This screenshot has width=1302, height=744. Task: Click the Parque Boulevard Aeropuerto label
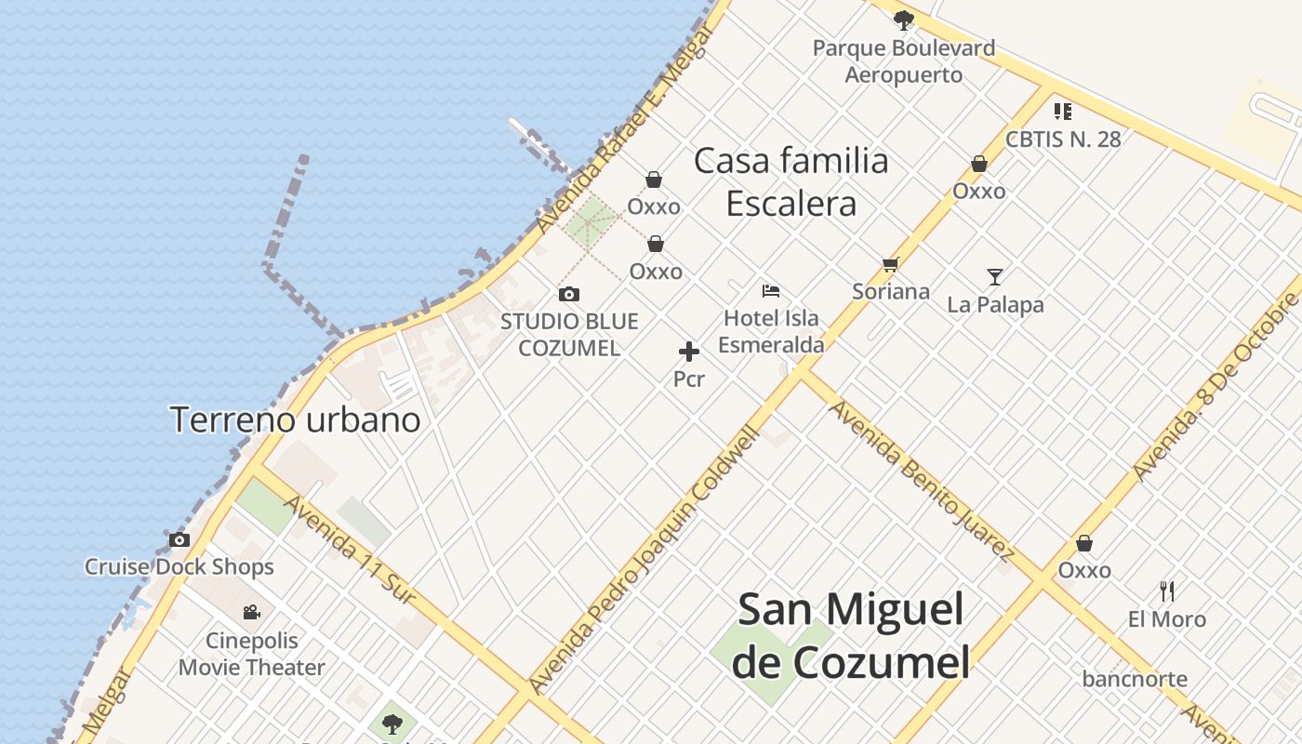coord(904,61)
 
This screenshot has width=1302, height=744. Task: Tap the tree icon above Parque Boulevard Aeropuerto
coord(903,20)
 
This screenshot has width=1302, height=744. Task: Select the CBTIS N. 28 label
coord(1063,139)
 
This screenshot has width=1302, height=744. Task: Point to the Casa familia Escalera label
coord(791,182)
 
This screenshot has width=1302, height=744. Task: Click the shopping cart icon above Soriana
coord(890,265)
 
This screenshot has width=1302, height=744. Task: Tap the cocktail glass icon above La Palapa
coord(995,277)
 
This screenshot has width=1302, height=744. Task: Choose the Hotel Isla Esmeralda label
coord(771,331)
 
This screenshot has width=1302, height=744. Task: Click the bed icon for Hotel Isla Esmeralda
coord(770,291)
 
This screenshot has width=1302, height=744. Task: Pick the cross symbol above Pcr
coord(689,352)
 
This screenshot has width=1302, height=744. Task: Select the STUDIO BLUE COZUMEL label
coord(569,335)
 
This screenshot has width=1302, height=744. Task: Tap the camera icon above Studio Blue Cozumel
coord(569,295)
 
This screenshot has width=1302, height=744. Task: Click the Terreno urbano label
coord(296,419)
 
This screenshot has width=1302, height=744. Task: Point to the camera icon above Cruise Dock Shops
coord(179,539)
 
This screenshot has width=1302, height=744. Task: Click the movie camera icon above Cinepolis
coord(251,612)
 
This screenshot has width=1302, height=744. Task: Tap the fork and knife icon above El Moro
coord(1167,591)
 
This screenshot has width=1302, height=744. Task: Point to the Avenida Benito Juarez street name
coord(921,480)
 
